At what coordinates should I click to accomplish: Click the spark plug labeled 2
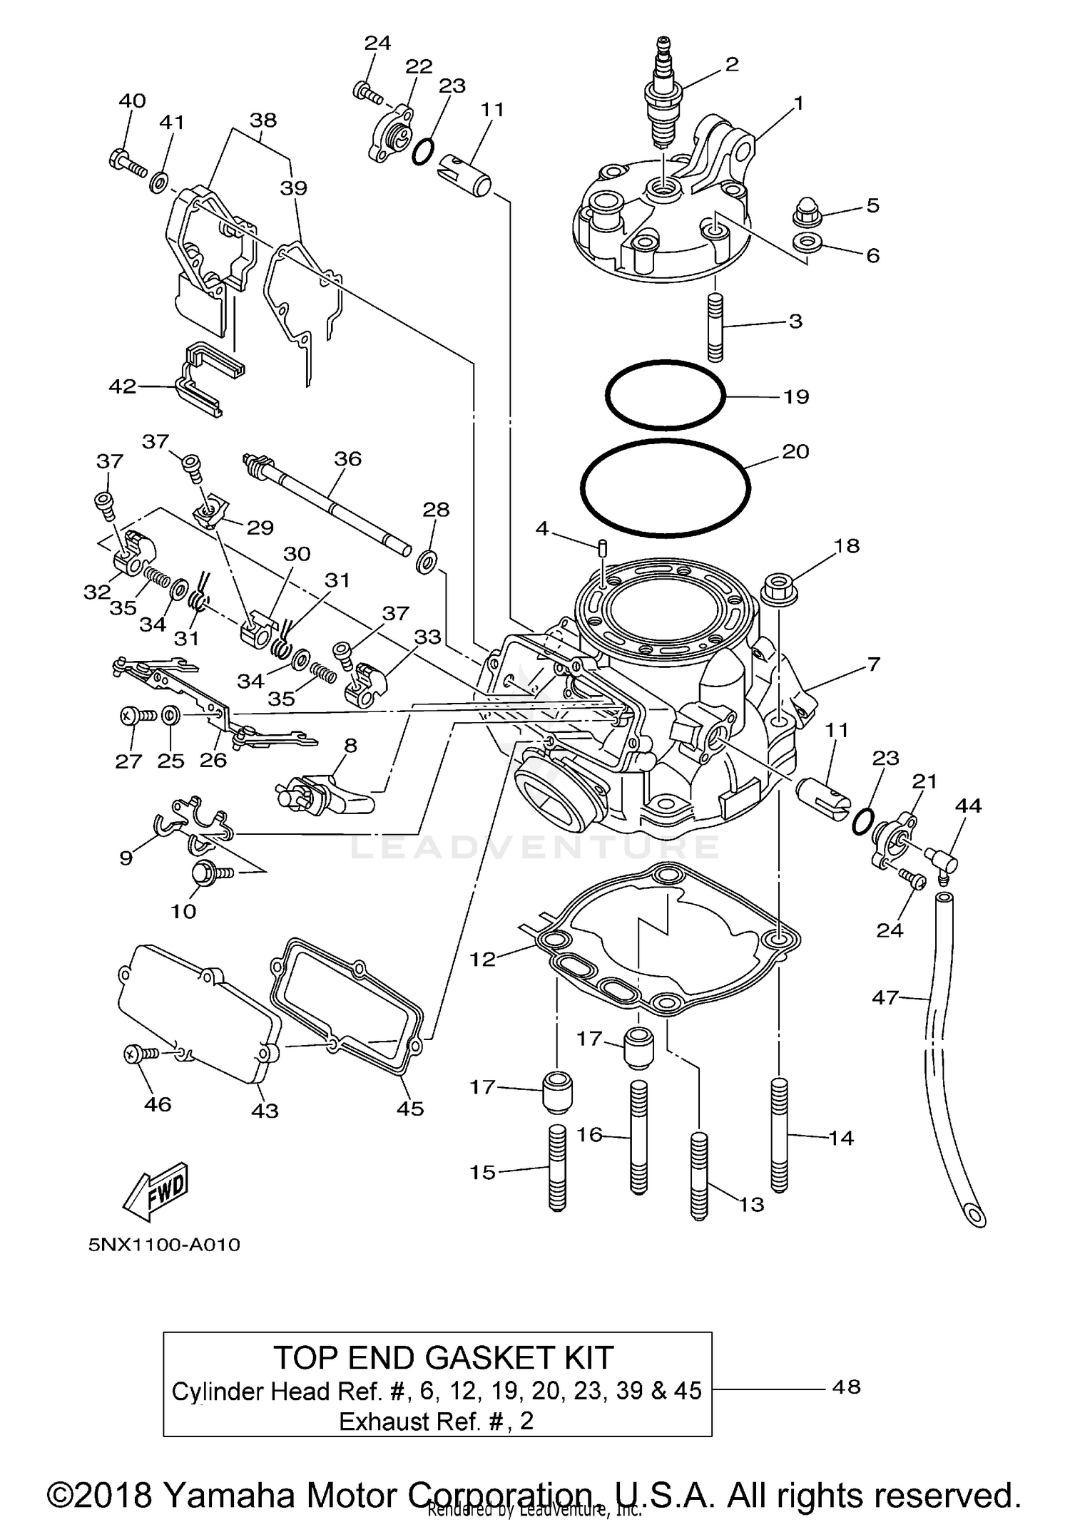coord(663,100)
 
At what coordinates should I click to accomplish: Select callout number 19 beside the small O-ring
coord(796,396)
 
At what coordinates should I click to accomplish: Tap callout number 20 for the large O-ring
coord(795,451)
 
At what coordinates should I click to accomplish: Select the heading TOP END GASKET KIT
coord(443,1358)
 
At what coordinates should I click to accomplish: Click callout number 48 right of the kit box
coord(846,1387)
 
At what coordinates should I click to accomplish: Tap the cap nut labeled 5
coord(807,212)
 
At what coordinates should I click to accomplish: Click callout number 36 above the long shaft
coord(347,458)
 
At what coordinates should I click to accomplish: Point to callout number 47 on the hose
coord(885,997)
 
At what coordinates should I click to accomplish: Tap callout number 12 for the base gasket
coord(482,959)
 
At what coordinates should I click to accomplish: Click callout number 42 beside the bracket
coord(122,386)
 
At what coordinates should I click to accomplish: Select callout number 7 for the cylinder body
coord(874,664)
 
